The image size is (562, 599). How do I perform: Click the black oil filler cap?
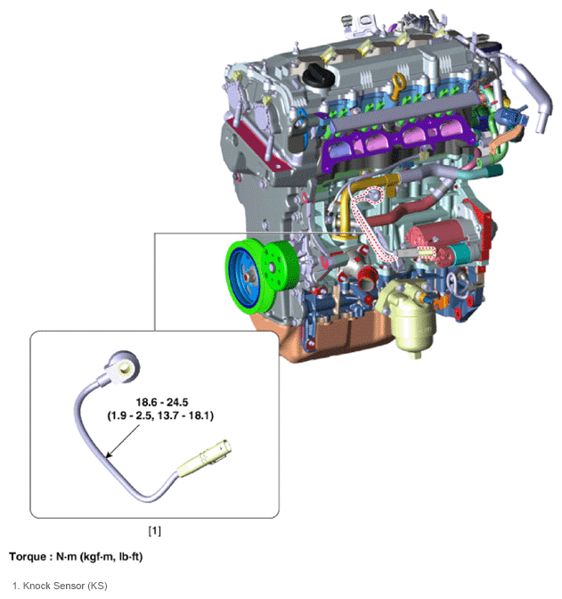pyautogui.click(x=319, y=75)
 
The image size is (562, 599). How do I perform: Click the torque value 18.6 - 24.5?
pyautogui.click(x=162, y=402)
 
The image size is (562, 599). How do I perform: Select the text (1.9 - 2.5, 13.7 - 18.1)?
pyautogui.click(x=160, y=415)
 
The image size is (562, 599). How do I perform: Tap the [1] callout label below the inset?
pyautogui.click(x=155, y=530)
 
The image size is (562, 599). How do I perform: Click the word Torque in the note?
pyautogui.click(x=28, y=556)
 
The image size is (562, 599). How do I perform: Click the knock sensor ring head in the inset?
pyautogui.click(x=122, y=365)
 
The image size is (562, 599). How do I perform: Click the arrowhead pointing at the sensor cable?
pyautogui.click(x=109, y=455)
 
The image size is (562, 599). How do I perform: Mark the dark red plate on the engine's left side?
pyautogui.click(x=258, y=145)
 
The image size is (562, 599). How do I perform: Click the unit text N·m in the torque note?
pyautogui.click(x=67, y=556)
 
